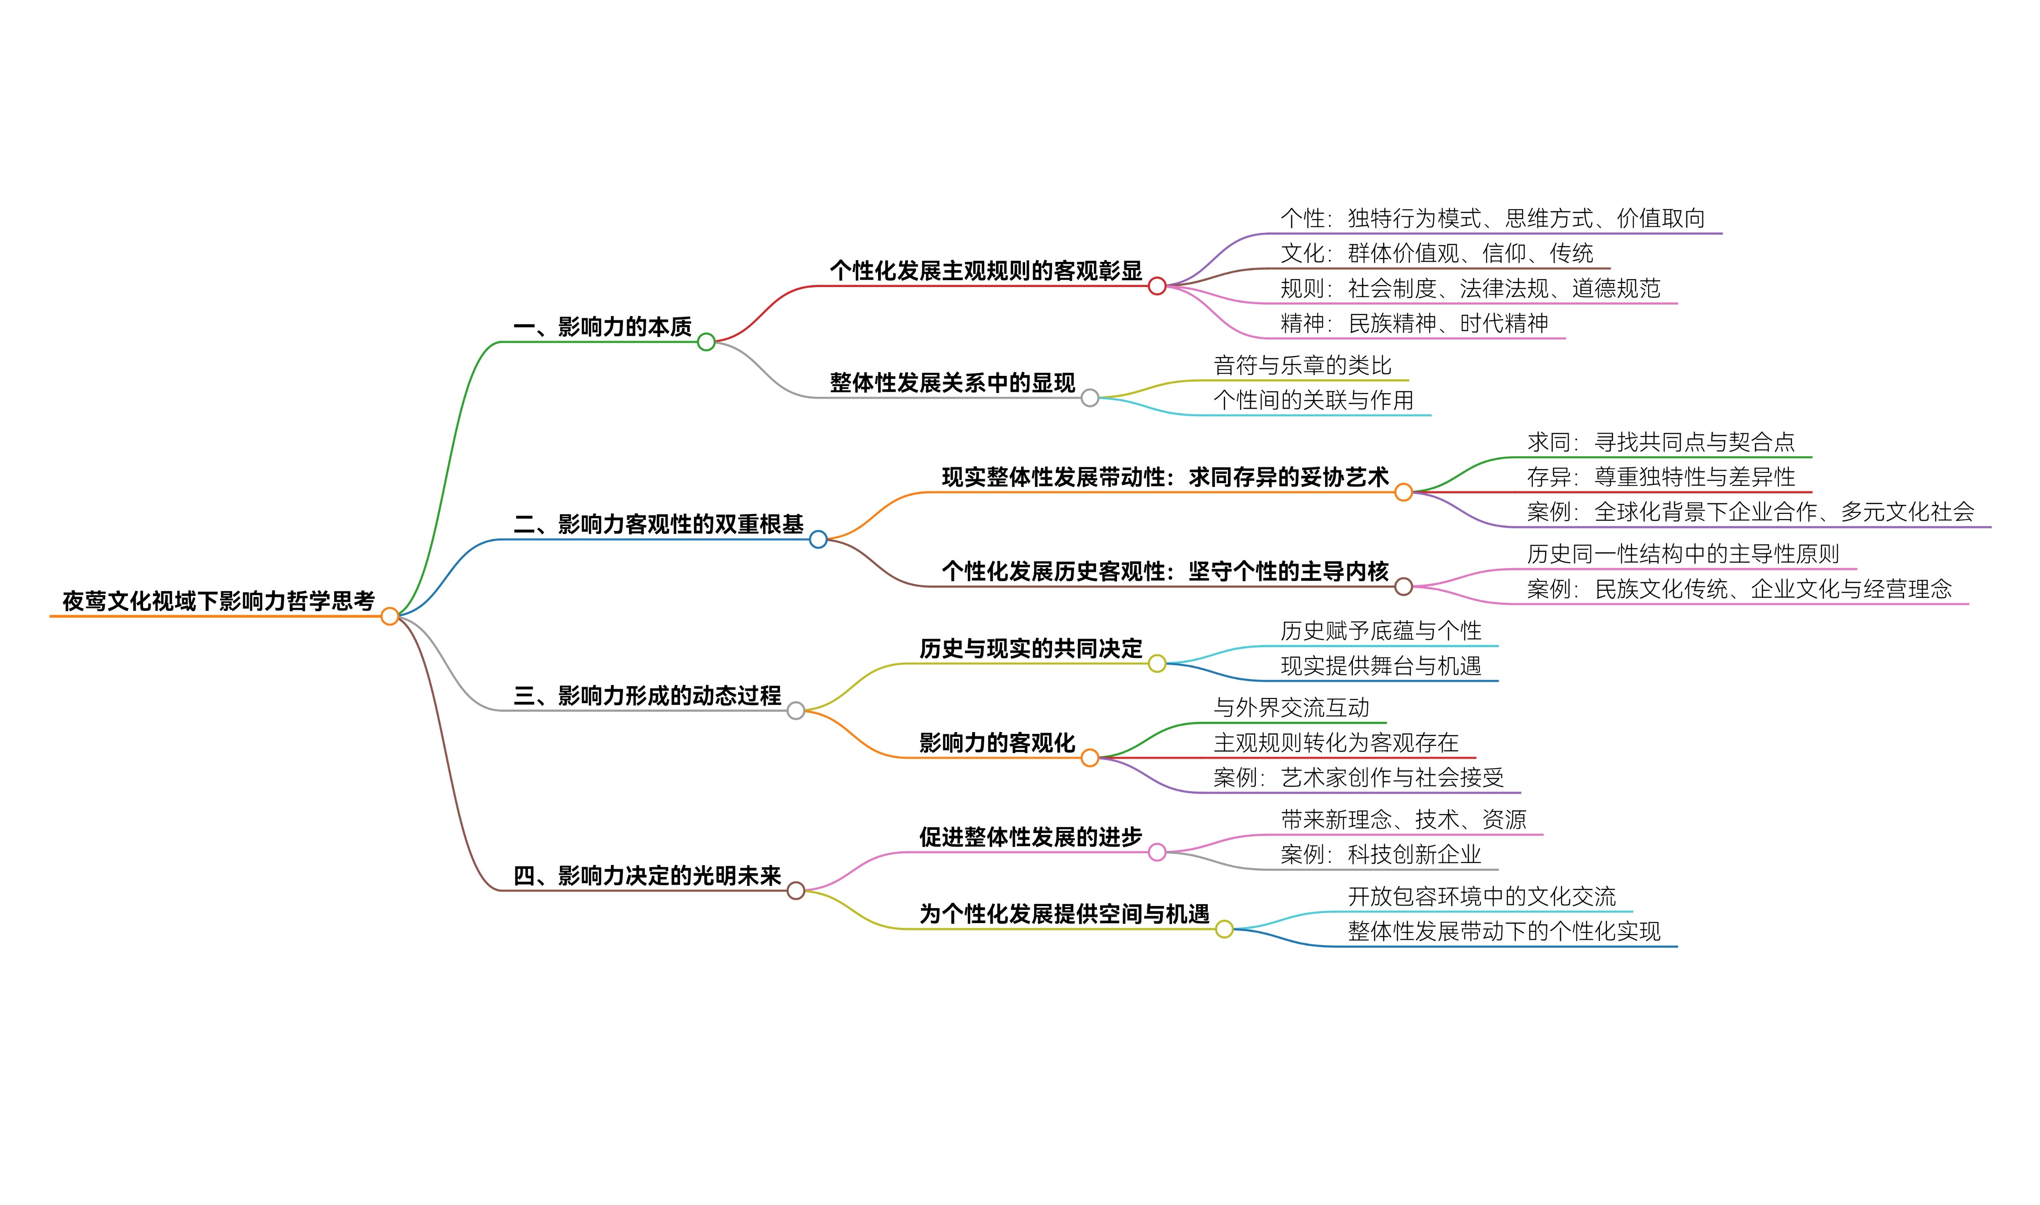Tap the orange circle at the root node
click(x=390, y=616)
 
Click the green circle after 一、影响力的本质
click(x=706, y=342)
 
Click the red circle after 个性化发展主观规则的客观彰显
click(x=1157, y=286)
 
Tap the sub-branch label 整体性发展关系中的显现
click(x=952, y=382)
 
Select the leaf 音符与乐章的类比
click(x=1302, y=365)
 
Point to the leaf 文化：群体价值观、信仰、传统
click(x=1437, y=253)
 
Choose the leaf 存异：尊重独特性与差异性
click(x=1661, y=477)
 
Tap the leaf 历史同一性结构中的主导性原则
click(x=1683, y=554)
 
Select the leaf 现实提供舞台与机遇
click(x=1381, y=666)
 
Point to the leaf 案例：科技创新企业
click(x=1381, y=854)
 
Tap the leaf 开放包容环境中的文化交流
click(x=1482, y=897)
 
